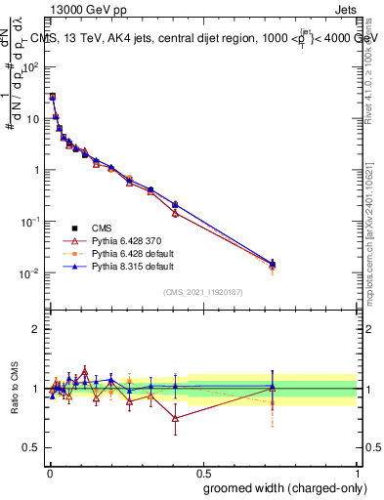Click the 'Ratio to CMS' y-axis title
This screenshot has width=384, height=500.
(x=15, y=389)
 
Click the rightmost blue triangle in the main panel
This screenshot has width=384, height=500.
(x=273, y=263)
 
